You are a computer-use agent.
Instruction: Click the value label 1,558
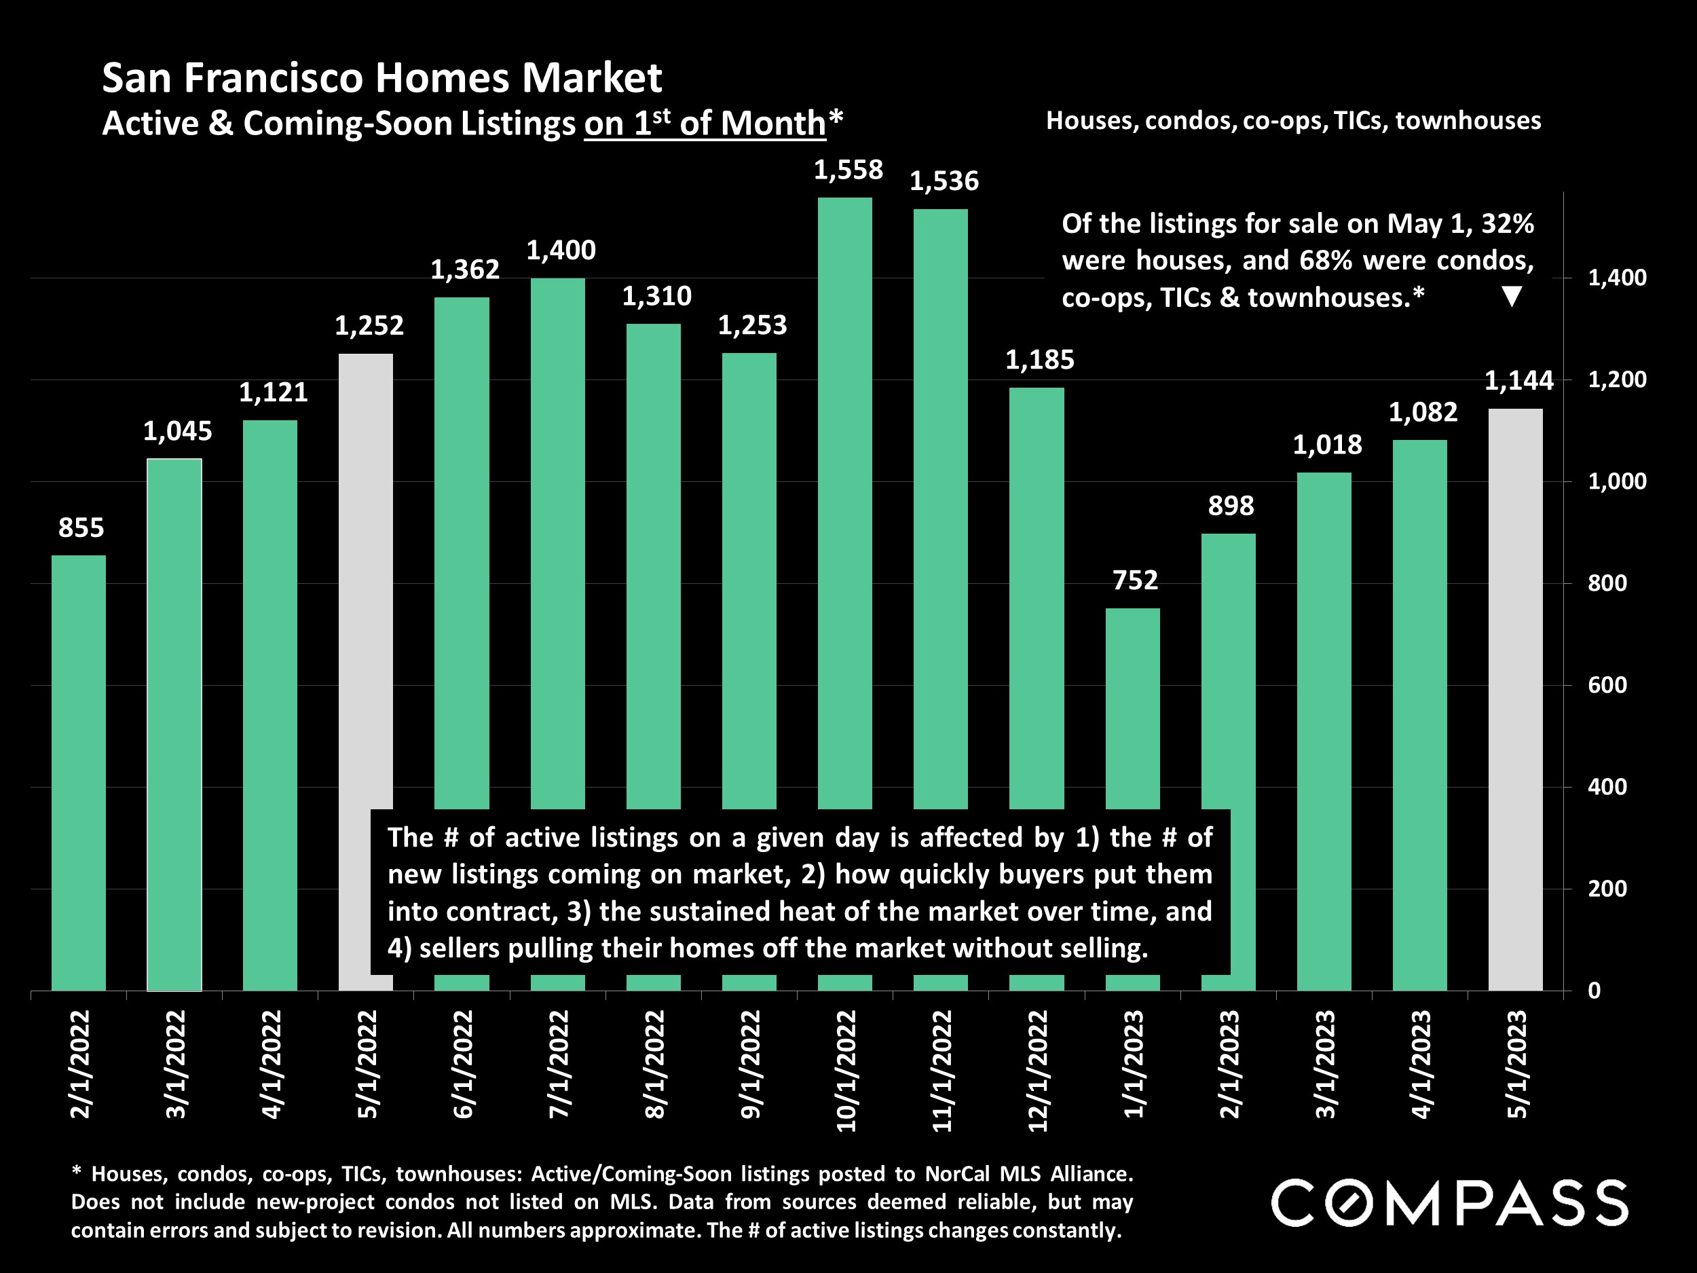[848, 170]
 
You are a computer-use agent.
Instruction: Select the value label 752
[1135, 580]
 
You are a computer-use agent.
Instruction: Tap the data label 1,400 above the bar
[561, 250]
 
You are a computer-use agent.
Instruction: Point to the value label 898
[1231, 506]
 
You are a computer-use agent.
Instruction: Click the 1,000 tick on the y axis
[1616, 481]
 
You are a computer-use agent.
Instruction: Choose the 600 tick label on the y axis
[1607, 685]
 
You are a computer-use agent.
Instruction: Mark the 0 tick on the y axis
[1595, 991]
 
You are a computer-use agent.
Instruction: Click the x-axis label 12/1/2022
[1038, 1071]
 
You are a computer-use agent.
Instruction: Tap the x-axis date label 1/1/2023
[1134, 1065]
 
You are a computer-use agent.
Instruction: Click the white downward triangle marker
[1511, 296]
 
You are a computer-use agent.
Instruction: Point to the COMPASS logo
[1449, 1202]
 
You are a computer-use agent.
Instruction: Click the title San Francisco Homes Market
[381, 78]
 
